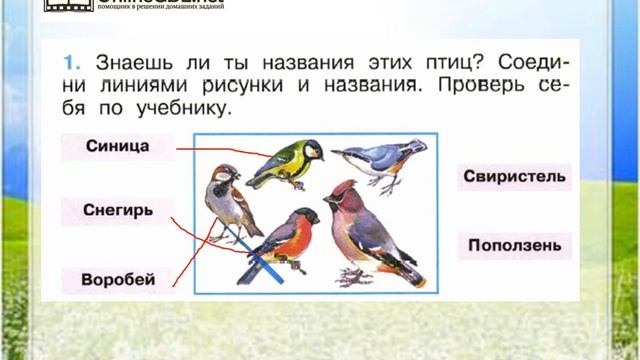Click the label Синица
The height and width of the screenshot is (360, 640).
118,146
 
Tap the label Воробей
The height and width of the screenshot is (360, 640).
119,280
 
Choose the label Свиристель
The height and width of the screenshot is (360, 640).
515,177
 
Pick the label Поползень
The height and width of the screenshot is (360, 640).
515,244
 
